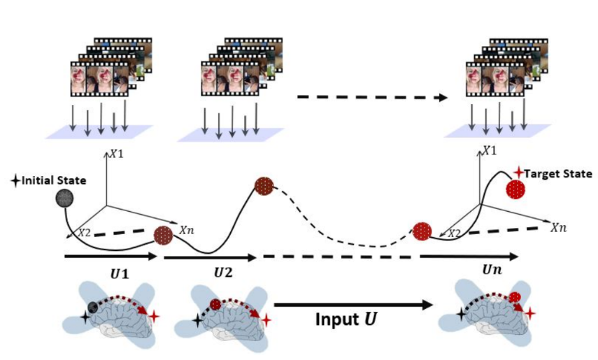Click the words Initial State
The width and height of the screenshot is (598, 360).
point(54,180)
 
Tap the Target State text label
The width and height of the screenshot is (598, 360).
point(558,174)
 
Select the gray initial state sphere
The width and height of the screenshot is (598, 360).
point(64,199)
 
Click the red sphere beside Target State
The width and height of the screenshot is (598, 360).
point(515,189)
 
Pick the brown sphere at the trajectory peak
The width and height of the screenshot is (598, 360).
point(264,187)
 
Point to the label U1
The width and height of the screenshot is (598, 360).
point(120,274)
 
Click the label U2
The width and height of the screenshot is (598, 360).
point(223,273)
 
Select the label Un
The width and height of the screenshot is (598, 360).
point(492,270)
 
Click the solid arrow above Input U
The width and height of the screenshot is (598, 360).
point(353,305)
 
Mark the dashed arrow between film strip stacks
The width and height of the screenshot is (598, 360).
point(372,98)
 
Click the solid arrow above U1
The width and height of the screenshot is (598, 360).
point(111,257)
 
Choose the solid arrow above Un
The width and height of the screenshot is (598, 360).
point(469,257)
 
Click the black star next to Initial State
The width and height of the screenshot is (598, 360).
point(15,181)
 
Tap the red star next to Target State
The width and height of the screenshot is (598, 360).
point(519,173)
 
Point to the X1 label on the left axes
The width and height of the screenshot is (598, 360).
point(117,154)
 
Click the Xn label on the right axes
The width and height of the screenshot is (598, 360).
point(558,228)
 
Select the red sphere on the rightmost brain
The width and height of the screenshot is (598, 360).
point(515,297)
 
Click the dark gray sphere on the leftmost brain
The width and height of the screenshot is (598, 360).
point(93,307)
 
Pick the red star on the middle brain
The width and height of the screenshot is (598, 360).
point(266,320)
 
